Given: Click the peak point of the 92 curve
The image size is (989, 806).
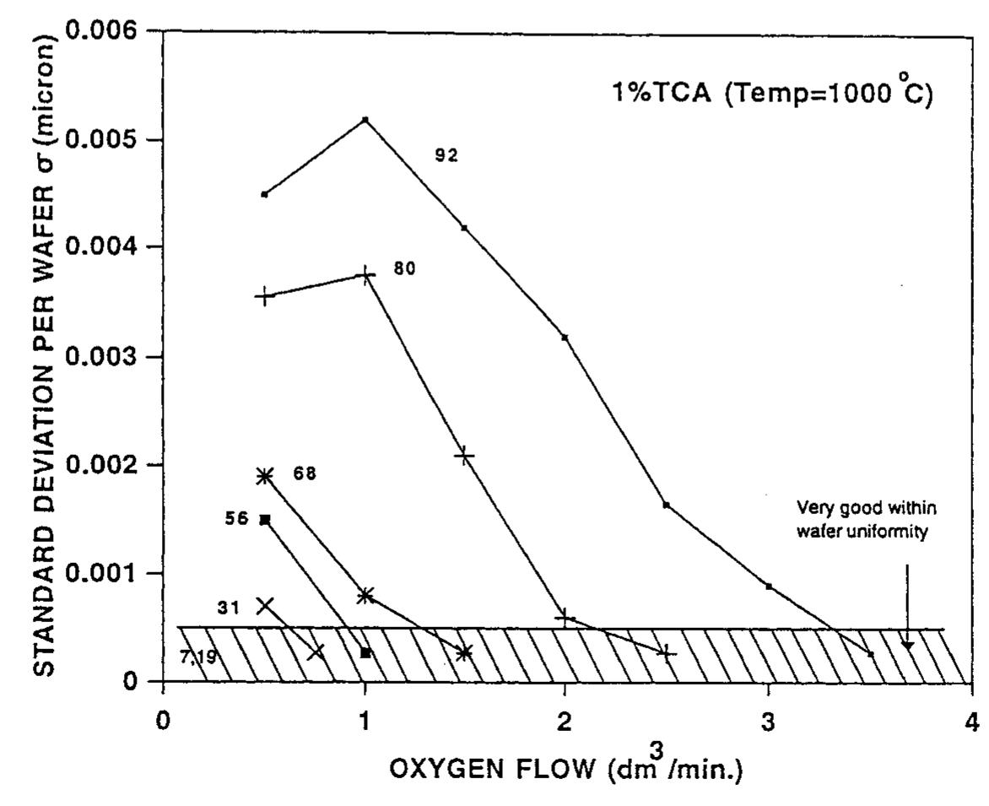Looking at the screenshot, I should coord(365,119).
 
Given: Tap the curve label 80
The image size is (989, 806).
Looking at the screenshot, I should coord(405,269).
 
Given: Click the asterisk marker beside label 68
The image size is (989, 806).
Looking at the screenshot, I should coord(265,475).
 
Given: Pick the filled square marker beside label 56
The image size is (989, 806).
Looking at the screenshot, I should coord(265,519).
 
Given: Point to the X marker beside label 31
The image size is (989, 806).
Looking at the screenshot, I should coord(265,605).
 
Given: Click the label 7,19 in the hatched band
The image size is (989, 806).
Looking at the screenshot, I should coord(197,655).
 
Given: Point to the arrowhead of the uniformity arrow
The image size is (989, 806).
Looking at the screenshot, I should coord(907,646).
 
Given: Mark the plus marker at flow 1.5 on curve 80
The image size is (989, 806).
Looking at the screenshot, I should coord(464,456).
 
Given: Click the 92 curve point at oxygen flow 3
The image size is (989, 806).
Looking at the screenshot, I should coord(769,586).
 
